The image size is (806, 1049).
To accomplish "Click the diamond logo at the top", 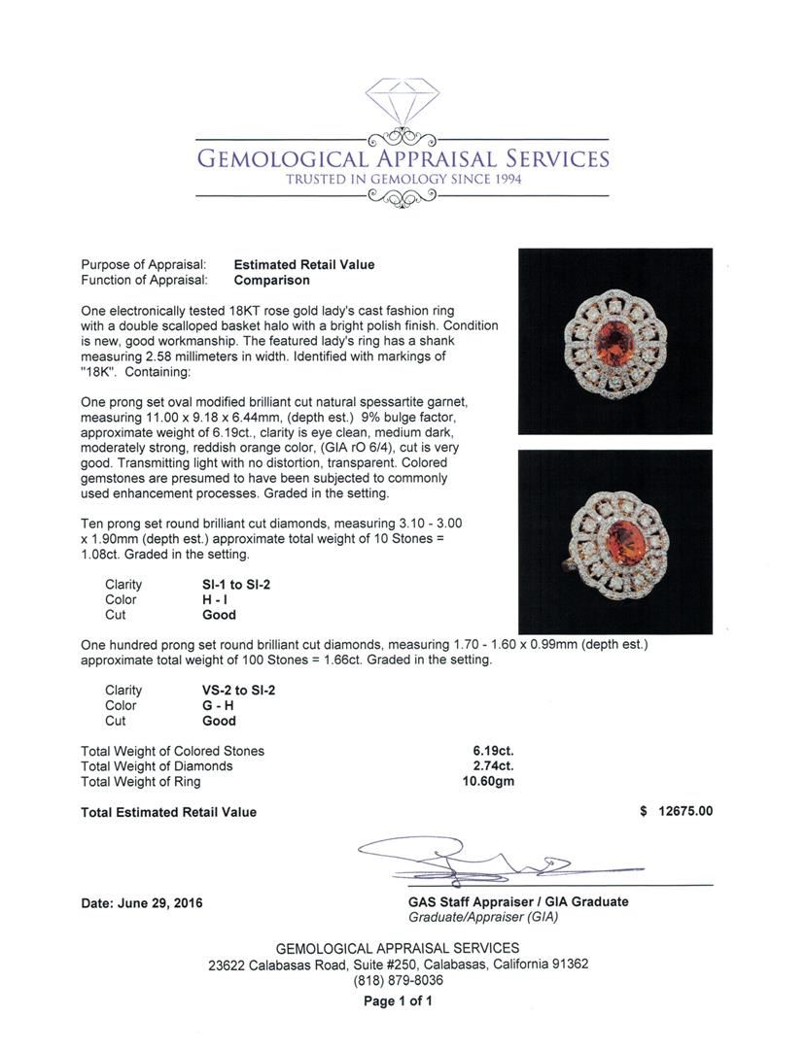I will pos(403,100).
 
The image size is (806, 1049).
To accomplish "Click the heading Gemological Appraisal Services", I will pos(403,159).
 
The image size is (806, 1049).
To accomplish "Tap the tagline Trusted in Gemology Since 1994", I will pos(403,180).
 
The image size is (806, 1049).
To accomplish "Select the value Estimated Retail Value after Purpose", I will pos(304,264).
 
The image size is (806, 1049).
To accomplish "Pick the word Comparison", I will pos(271,280).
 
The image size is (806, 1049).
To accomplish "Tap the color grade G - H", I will pos(219,706).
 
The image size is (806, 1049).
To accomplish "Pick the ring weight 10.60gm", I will pos(489,782).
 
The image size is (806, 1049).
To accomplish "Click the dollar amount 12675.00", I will pos(685,812).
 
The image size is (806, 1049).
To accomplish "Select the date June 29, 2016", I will pos(142,902).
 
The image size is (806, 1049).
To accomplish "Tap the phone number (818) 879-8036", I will pos(398,981).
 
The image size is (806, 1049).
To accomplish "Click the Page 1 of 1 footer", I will pos(398,1001).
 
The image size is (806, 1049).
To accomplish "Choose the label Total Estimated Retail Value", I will pos(169,812).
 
